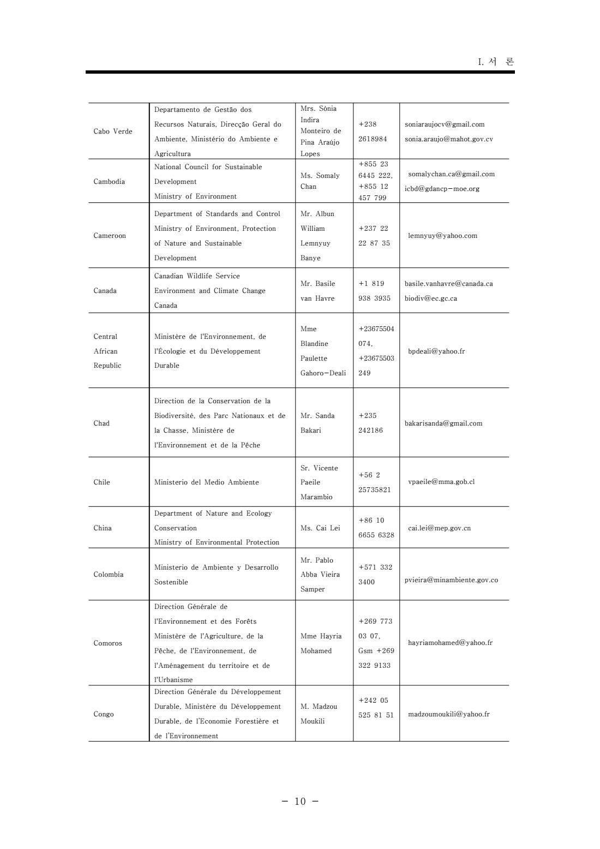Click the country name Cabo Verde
[x=113, y=131]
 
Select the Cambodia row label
[x=109, y=182]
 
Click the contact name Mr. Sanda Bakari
[x=317, y=423]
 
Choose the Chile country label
[x=101, y=482]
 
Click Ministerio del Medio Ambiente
[x=206, y=482]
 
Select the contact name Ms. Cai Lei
[x=320, y=528]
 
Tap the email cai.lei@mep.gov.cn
[x=439, y=528]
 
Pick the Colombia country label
[x=109, y=575]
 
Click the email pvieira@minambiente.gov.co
[x=451, y=580]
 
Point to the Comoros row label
[x=108, y=643]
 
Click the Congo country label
[x=104, y=714]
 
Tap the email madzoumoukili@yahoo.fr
[x=448, y=714]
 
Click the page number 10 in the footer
[x=301, y=802]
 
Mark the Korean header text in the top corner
[x=496, y=62]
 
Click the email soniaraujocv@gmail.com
[x=445, y=124]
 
